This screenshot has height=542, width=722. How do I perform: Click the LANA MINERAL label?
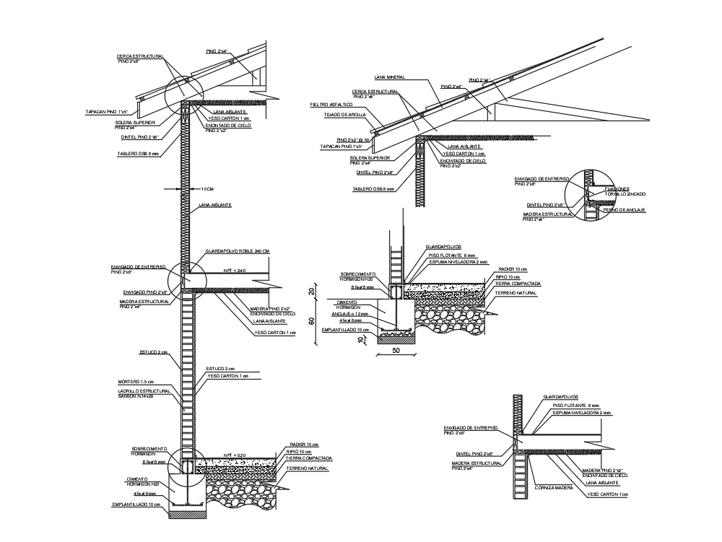389,77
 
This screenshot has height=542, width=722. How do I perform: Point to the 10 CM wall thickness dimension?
206,188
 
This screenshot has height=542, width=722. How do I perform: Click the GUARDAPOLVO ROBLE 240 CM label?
237,251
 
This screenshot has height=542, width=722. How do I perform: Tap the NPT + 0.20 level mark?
235,455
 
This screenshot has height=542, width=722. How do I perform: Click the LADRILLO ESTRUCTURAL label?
144,390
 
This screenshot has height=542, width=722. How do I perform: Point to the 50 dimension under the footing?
396,350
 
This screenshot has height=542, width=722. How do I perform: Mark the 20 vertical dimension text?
313,292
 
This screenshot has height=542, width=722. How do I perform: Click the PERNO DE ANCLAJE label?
624,210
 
